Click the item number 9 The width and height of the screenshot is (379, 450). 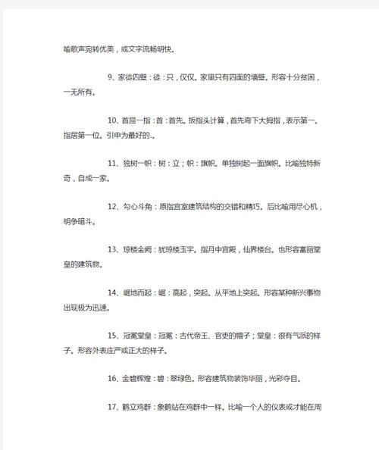[111, 77]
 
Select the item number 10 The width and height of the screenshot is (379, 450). [114, 120]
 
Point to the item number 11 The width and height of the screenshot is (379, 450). [114, 163]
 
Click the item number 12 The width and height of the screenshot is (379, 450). [114, 206]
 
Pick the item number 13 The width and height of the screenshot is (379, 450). [114, 249]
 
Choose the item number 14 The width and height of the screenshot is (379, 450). [114, 292]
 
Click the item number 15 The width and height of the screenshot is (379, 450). [114, 335]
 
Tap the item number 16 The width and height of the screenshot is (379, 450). [114, 377]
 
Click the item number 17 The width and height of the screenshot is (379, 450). [114, 406]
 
